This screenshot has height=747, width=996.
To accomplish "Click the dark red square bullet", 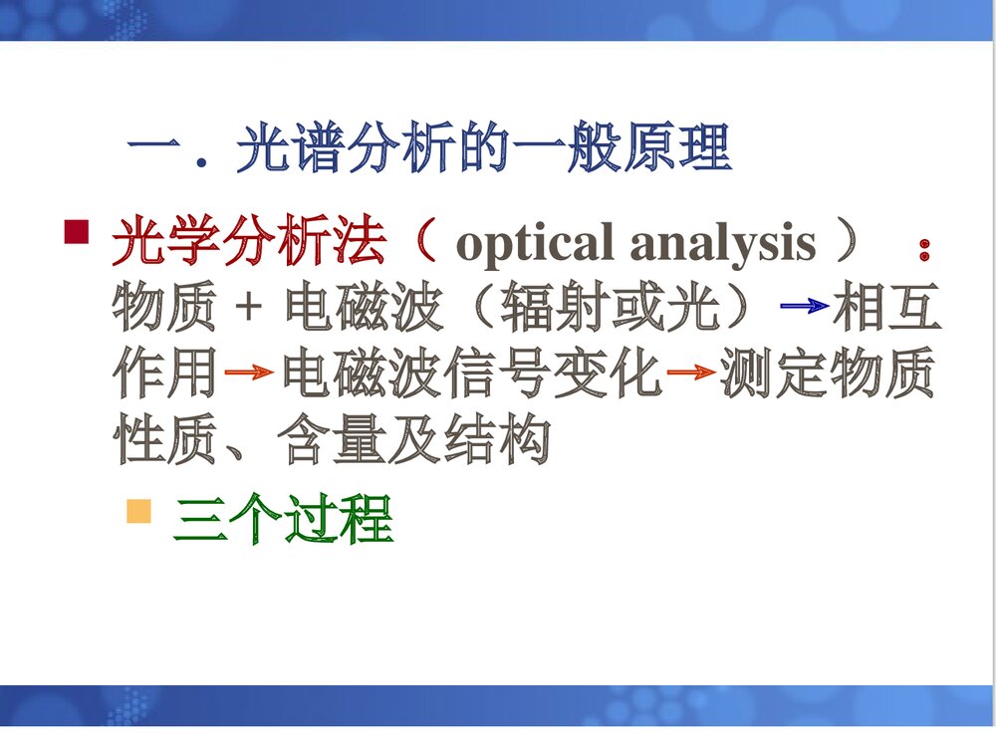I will (x=77, y=232).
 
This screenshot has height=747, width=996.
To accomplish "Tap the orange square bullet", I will (x=138, y=512).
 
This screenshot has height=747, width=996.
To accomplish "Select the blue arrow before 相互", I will (x=805, y=307).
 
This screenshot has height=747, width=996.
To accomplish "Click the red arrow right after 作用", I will (x=249, y=373).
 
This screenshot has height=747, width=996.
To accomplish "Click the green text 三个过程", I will (x=284, y=520).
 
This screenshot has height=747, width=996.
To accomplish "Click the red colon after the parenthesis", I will (x=925, y=250).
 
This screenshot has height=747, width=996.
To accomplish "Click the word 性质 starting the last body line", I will (x=164, y=440).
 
